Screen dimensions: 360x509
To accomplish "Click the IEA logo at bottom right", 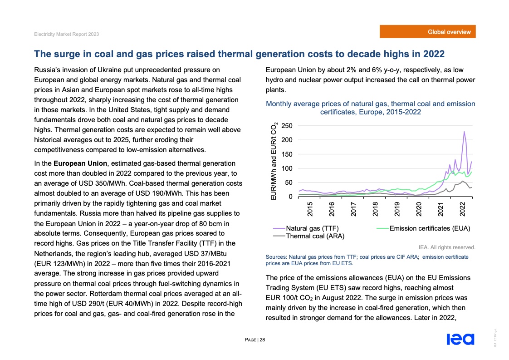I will click(460, 339).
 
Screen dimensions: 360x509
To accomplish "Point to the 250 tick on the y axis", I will click(287, 126).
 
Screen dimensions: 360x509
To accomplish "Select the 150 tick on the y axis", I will click(287, 154).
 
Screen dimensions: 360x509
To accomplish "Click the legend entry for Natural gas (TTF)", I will click(312, 228).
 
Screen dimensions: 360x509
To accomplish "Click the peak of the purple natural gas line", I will click(464, 132).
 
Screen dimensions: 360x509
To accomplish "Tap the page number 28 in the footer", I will click(262, 340).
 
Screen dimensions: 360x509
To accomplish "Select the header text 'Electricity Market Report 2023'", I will click(67, 35).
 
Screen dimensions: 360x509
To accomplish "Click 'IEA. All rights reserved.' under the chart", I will click(447, 247).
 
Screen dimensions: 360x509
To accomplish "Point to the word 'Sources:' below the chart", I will click(276, 257).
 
